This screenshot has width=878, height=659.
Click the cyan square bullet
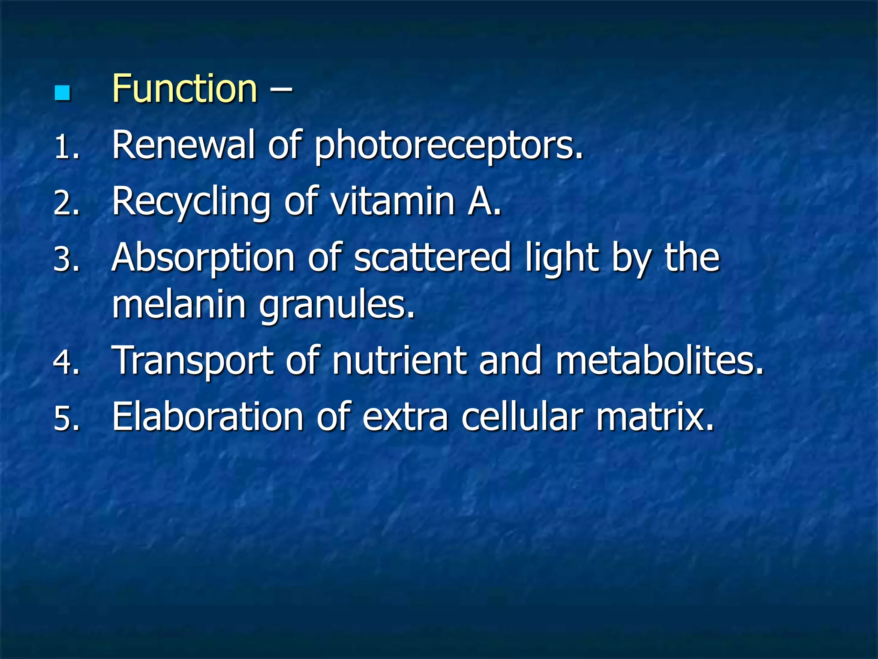pos(63,93)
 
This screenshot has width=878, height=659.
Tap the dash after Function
pos(281,90)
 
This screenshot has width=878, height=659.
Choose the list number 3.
pos(66,260)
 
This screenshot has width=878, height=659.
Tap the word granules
pos(337,305)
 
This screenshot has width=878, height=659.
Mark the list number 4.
pos(66,362)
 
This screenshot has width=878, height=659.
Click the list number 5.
pos(66,418)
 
